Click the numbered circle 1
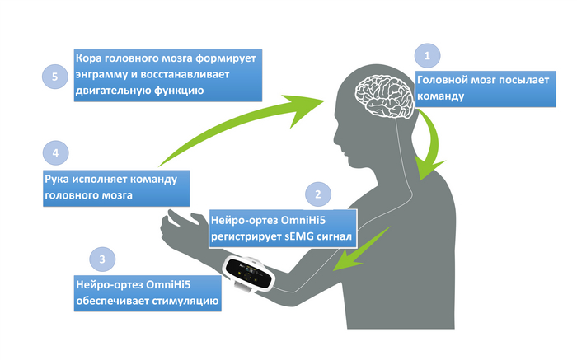(x=426, y=56)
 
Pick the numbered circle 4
(x=54, y=153)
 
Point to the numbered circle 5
(x=54, y=77)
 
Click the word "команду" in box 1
(x=441, y=96)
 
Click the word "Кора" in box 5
(x=90, y=59)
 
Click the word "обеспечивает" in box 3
(x=112, y=302)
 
